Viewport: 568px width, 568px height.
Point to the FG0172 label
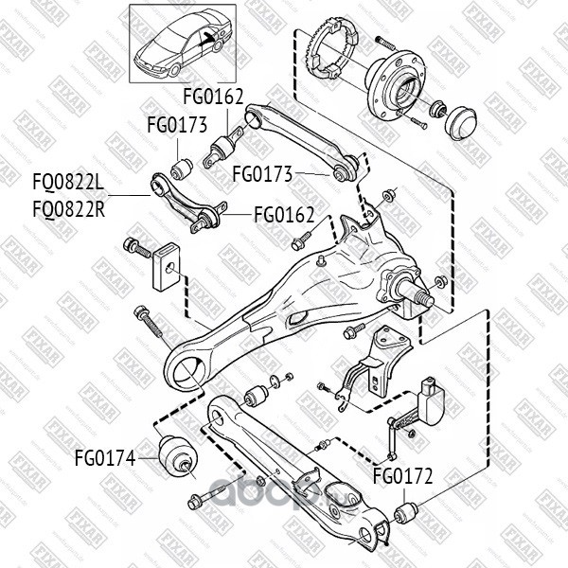coord(401,475)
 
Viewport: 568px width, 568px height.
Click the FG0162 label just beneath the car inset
coord(213,96)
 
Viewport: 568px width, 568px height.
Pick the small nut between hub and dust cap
coord(437,112)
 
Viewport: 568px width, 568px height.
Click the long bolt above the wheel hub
coord(388,43)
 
